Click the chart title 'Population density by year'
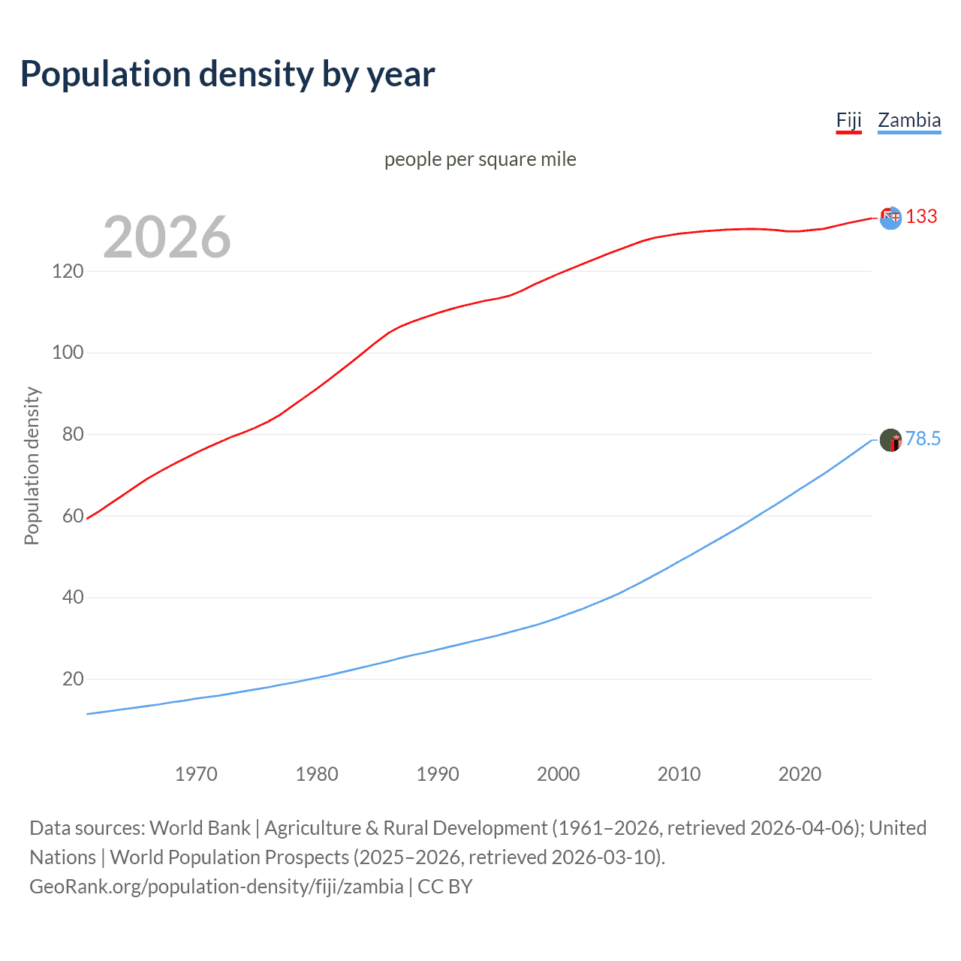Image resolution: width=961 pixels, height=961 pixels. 227,74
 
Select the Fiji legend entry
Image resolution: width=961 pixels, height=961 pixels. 848,120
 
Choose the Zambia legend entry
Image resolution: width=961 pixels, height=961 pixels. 908,120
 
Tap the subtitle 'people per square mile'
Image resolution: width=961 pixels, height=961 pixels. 480,160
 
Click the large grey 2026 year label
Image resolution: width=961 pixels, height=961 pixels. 167,237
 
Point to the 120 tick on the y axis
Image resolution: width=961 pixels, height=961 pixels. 68,271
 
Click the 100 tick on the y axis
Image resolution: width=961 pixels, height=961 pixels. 68,353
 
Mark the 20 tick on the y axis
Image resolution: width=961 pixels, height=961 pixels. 72,679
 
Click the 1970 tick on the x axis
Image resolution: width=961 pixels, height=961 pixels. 196,774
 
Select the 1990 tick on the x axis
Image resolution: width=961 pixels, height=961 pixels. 438,774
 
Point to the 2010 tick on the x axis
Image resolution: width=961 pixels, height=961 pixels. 679,774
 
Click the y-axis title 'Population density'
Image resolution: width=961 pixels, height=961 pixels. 32,465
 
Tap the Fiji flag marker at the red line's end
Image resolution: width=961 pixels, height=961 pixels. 890,218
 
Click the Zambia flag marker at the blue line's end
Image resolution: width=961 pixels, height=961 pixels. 890,440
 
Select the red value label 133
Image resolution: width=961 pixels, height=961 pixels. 921,217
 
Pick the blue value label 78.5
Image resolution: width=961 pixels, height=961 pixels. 923,438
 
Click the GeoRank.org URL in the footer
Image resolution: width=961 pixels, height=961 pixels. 216,887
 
